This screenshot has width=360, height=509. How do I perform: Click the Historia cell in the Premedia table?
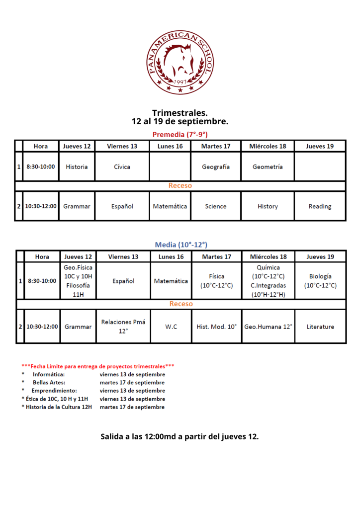point(77,167)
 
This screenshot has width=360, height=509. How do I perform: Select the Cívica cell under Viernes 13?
point(122,167)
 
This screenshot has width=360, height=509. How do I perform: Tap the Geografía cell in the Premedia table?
point(216,167)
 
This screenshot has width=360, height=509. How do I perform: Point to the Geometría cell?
point(268,167)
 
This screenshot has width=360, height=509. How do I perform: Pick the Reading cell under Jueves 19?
point(320,206)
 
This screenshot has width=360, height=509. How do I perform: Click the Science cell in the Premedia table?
point(216,206)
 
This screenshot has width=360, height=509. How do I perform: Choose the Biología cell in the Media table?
point(320,281)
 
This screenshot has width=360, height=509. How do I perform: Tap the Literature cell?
point(320,327)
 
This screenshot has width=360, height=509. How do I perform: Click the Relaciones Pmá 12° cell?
point(123,327)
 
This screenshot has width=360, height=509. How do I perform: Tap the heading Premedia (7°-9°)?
point(180,135)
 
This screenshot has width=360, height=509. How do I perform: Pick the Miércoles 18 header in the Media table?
point(269,257)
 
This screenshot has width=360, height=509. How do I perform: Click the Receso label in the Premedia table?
point(180,186)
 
